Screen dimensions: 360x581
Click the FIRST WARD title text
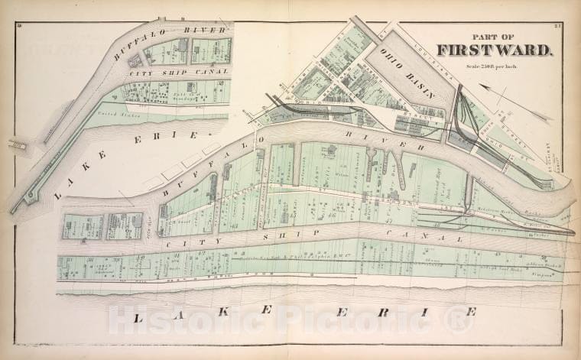[494, 50]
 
